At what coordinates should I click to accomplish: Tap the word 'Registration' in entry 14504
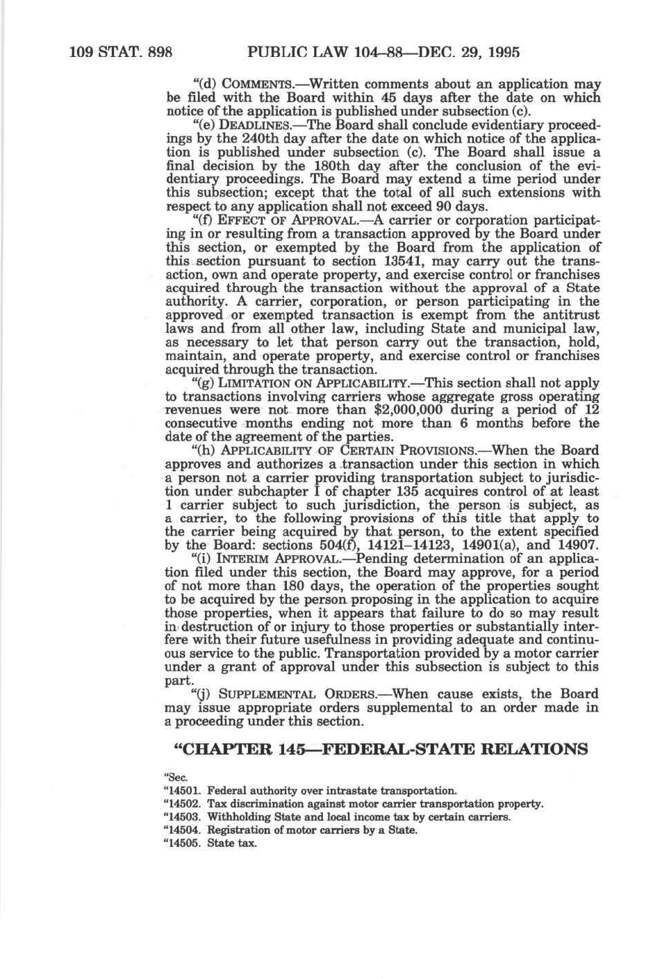236,830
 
